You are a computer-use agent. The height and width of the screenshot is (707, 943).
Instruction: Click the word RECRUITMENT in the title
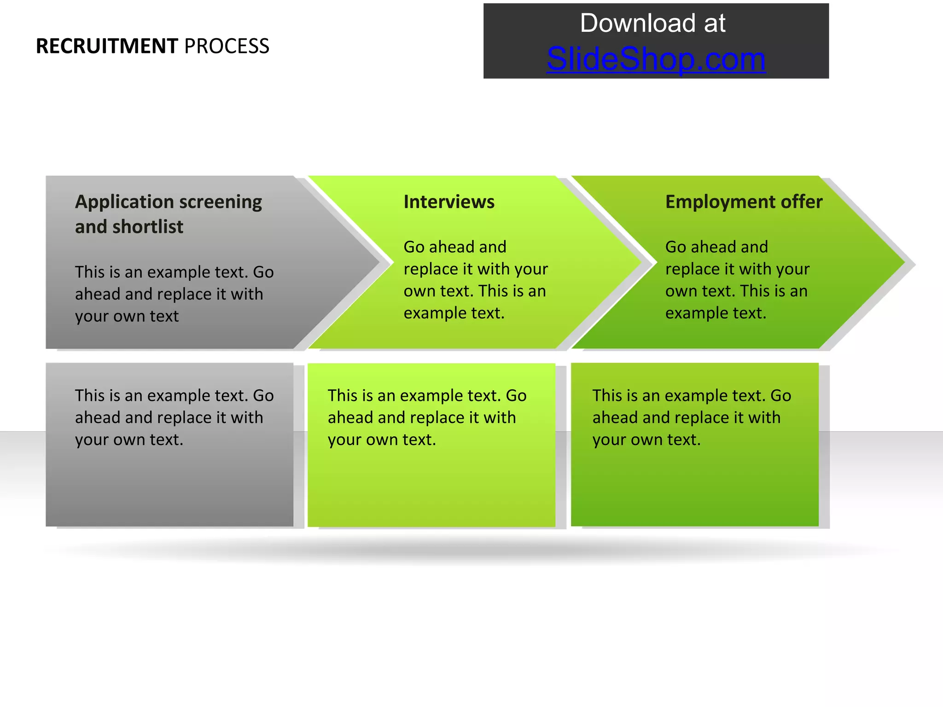[x=107, y=46]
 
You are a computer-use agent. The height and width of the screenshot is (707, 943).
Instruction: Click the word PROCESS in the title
[x=227, y=46]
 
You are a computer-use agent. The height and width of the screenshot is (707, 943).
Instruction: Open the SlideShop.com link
[x=656, y=59]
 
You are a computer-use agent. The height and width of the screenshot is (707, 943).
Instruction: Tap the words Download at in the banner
[x=652, y=23]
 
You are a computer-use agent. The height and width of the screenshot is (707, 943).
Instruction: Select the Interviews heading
[x=449, y=202]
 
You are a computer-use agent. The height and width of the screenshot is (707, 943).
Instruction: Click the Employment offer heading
[x=744, y=202]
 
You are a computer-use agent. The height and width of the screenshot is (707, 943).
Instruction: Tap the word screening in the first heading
[x=221, y=202]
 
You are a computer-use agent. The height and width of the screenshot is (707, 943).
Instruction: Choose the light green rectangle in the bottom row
[x=431, y=488]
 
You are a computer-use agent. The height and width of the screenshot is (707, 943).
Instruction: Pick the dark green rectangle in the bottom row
[x=694, y=488]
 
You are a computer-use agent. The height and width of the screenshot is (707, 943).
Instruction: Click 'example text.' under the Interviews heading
[x=454, y=313]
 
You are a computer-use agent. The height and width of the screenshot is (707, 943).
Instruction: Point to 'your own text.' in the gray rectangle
[x=129, y=440]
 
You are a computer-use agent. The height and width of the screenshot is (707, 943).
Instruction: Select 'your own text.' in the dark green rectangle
[x=646, y=440]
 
